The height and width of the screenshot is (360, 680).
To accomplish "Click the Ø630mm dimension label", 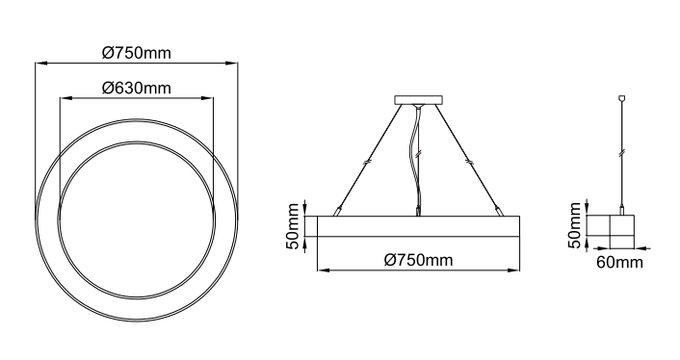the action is [x=136, y=88].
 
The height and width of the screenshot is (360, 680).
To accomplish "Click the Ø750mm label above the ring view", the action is [x=136, y=53].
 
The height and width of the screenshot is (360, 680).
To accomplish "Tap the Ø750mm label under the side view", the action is [x=418, y=260].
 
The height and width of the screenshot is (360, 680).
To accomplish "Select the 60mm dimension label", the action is [x=619, y=262].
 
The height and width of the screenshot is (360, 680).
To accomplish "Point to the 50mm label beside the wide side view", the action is [x=293, y=226].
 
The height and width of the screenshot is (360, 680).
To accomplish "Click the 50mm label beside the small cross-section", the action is [x=575, y=225].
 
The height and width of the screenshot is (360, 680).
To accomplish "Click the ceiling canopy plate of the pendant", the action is [x=419, y=100].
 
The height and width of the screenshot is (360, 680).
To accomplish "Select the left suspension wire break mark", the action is [x=368, y=163].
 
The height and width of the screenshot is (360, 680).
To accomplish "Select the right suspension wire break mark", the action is [x=469, y=162].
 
